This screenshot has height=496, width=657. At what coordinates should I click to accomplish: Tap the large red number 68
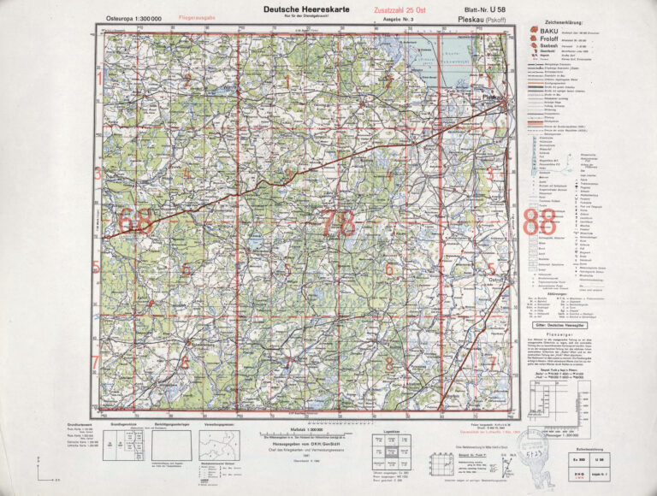tap(136, 221)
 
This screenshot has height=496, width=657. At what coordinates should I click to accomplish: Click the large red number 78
tap(336, 222)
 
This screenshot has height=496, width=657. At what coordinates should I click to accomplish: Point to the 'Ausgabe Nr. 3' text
tap(400, 18)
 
